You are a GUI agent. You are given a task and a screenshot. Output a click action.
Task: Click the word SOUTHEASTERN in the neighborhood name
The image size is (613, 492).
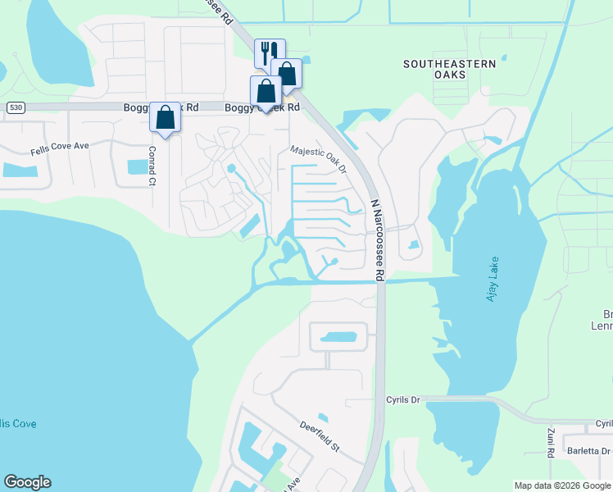point(450,63)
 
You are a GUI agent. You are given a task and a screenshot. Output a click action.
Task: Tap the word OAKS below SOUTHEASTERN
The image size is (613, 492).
point(450,75)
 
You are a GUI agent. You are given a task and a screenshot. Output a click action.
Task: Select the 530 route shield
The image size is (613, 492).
point(15,107)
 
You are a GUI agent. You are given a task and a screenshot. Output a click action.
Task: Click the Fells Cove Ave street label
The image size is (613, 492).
point(59,148)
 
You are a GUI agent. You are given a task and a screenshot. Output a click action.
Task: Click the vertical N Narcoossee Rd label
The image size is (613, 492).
point(377,239)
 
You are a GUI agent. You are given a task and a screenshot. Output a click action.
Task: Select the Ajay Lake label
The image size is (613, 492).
point(493,279)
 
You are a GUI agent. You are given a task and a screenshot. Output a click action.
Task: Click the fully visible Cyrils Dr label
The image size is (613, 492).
point(402,399)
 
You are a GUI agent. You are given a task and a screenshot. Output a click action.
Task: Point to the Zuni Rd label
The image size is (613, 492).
point(551,442)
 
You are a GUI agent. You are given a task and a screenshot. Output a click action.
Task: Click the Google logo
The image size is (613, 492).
point(27,482)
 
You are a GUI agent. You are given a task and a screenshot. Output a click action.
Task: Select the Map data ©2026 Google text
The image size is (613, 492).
point(561,485)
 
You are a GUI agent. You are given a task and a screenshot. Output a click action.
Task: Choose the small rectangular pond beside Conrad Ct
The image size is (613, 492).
point(138,167)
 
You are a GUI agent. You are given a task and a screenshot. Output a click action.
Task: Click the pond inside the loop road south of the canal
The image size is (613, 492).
point(337,337)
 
